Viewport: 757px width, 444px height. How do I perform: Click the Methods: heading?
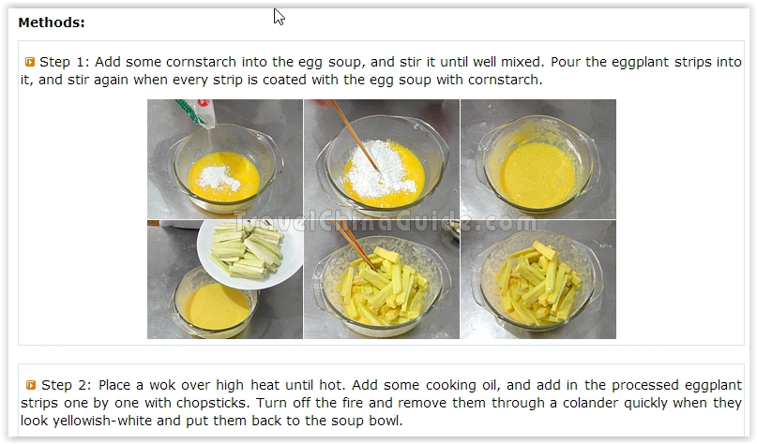click(x=52, y=22)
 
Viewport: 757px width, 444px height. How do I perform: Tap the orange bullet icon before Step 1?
click(x=30, y=62)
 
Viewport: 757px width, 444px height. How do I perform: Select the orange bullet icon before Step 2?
click(x=31, y=385)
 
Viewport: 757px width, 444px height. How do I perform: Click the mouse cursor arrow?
click(x=279, y=16)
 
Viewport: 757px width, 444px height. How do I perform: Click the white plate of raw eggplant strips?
click(x=250, y=254)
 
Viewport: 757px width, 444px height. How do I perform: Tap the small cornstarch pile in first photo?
click(x=220, y=177)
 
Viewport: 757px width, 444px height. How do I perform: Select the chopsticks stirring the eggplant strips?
click(x=355, y=244)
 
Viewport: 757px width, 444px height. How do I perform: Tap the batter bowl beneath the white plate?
click(x=214, y=302)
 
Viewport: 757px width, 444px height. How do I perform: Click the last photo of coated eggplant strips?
click(x=538, y=280)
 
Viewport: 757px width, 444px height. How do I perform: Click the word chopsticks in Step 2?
click(x=212, y=404)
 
